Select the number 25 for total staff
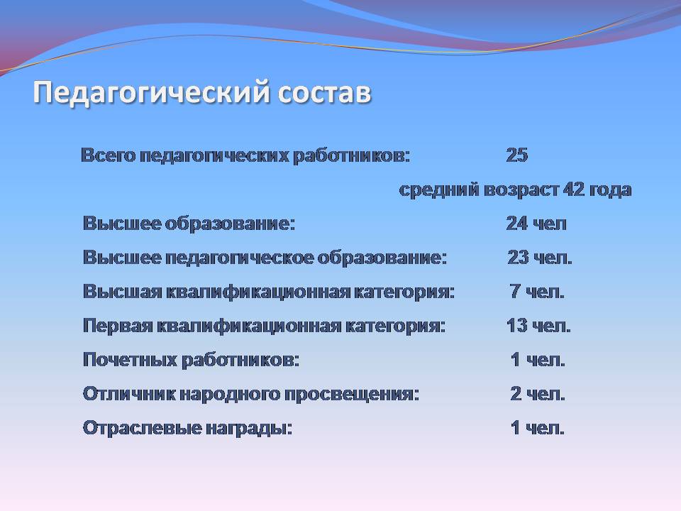pos(517,155)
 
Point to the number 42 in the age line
pos(574,189)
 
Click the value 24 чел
pos(536,224)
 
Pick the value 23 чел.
pos(540,258)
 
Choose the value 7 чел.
pos(537,292)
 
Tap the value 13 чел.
pos(538,326)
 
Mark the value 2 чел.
pos(538,394)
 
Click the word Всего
pos(108,155)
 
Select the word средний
pos(439,190)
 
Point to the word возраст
pos(521,190)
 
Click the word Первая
pos(117,326)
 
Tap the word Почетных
pos(130,361)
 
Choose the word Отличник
pos(128,394)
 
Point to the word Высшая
pos(123,292)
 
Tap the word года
pos(610,190)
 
